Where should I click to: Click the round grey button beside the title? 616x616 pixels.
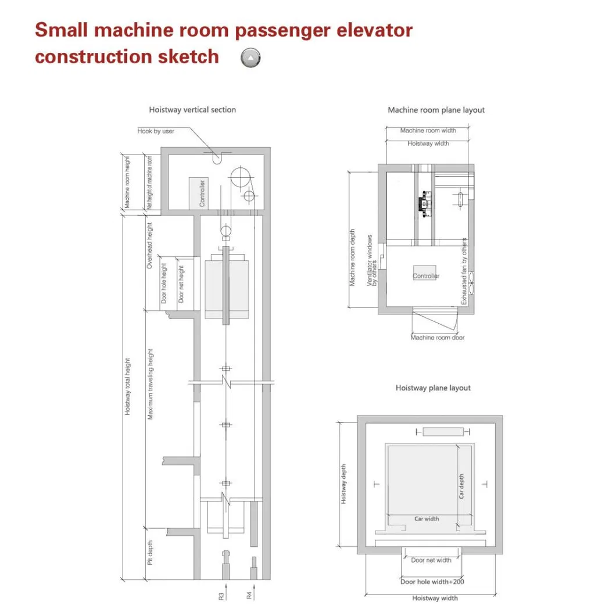point(250,58)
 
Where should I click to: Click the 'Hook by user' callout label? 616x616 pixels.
point(156,131)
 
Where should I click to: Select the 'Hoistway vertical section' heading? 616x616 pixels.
point(192,110)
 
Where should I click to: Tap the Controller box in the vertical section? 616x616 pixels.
point(198,193)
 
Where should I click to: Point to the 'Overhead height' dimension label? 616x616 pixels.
point(150,245)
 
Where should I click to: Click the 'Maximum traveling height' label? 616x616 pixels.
point(150,384)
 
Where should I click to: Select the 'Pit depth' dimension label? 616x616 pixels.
point(150,553)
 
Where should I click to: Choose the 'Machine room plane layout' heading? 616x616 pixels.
point(436,110)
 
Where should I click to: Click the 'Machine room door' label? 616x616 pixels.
point(438,338)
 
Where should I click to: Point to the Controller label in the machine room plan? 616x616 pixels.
point(426,277)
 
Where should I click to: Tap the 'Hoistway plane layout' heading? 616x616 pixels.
point(433,388)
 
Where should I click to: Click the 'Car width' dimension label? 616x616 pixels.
point(426,519)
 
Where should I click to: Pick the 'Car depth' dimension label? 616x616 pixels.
point(462,486)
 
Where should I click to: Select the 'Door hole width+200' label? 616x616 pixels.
point(432,582)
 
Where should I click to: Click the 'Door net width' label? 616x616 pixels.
point(431,560)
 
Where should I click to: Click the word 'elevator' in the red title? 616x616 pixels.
point(377,30)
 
